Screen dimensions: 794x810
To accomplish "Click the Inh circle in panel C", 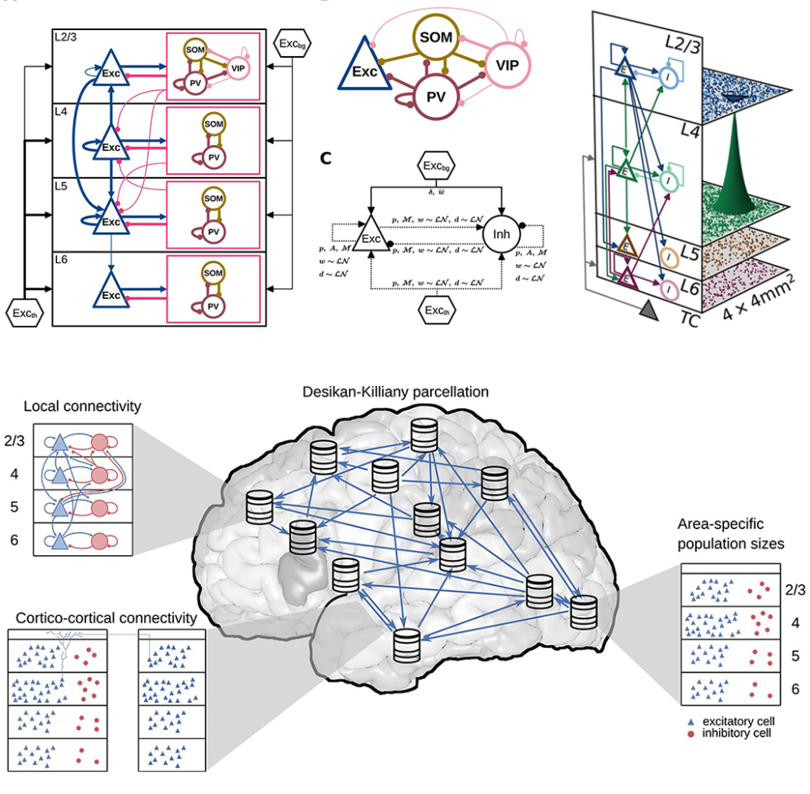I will coord(501,236).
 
